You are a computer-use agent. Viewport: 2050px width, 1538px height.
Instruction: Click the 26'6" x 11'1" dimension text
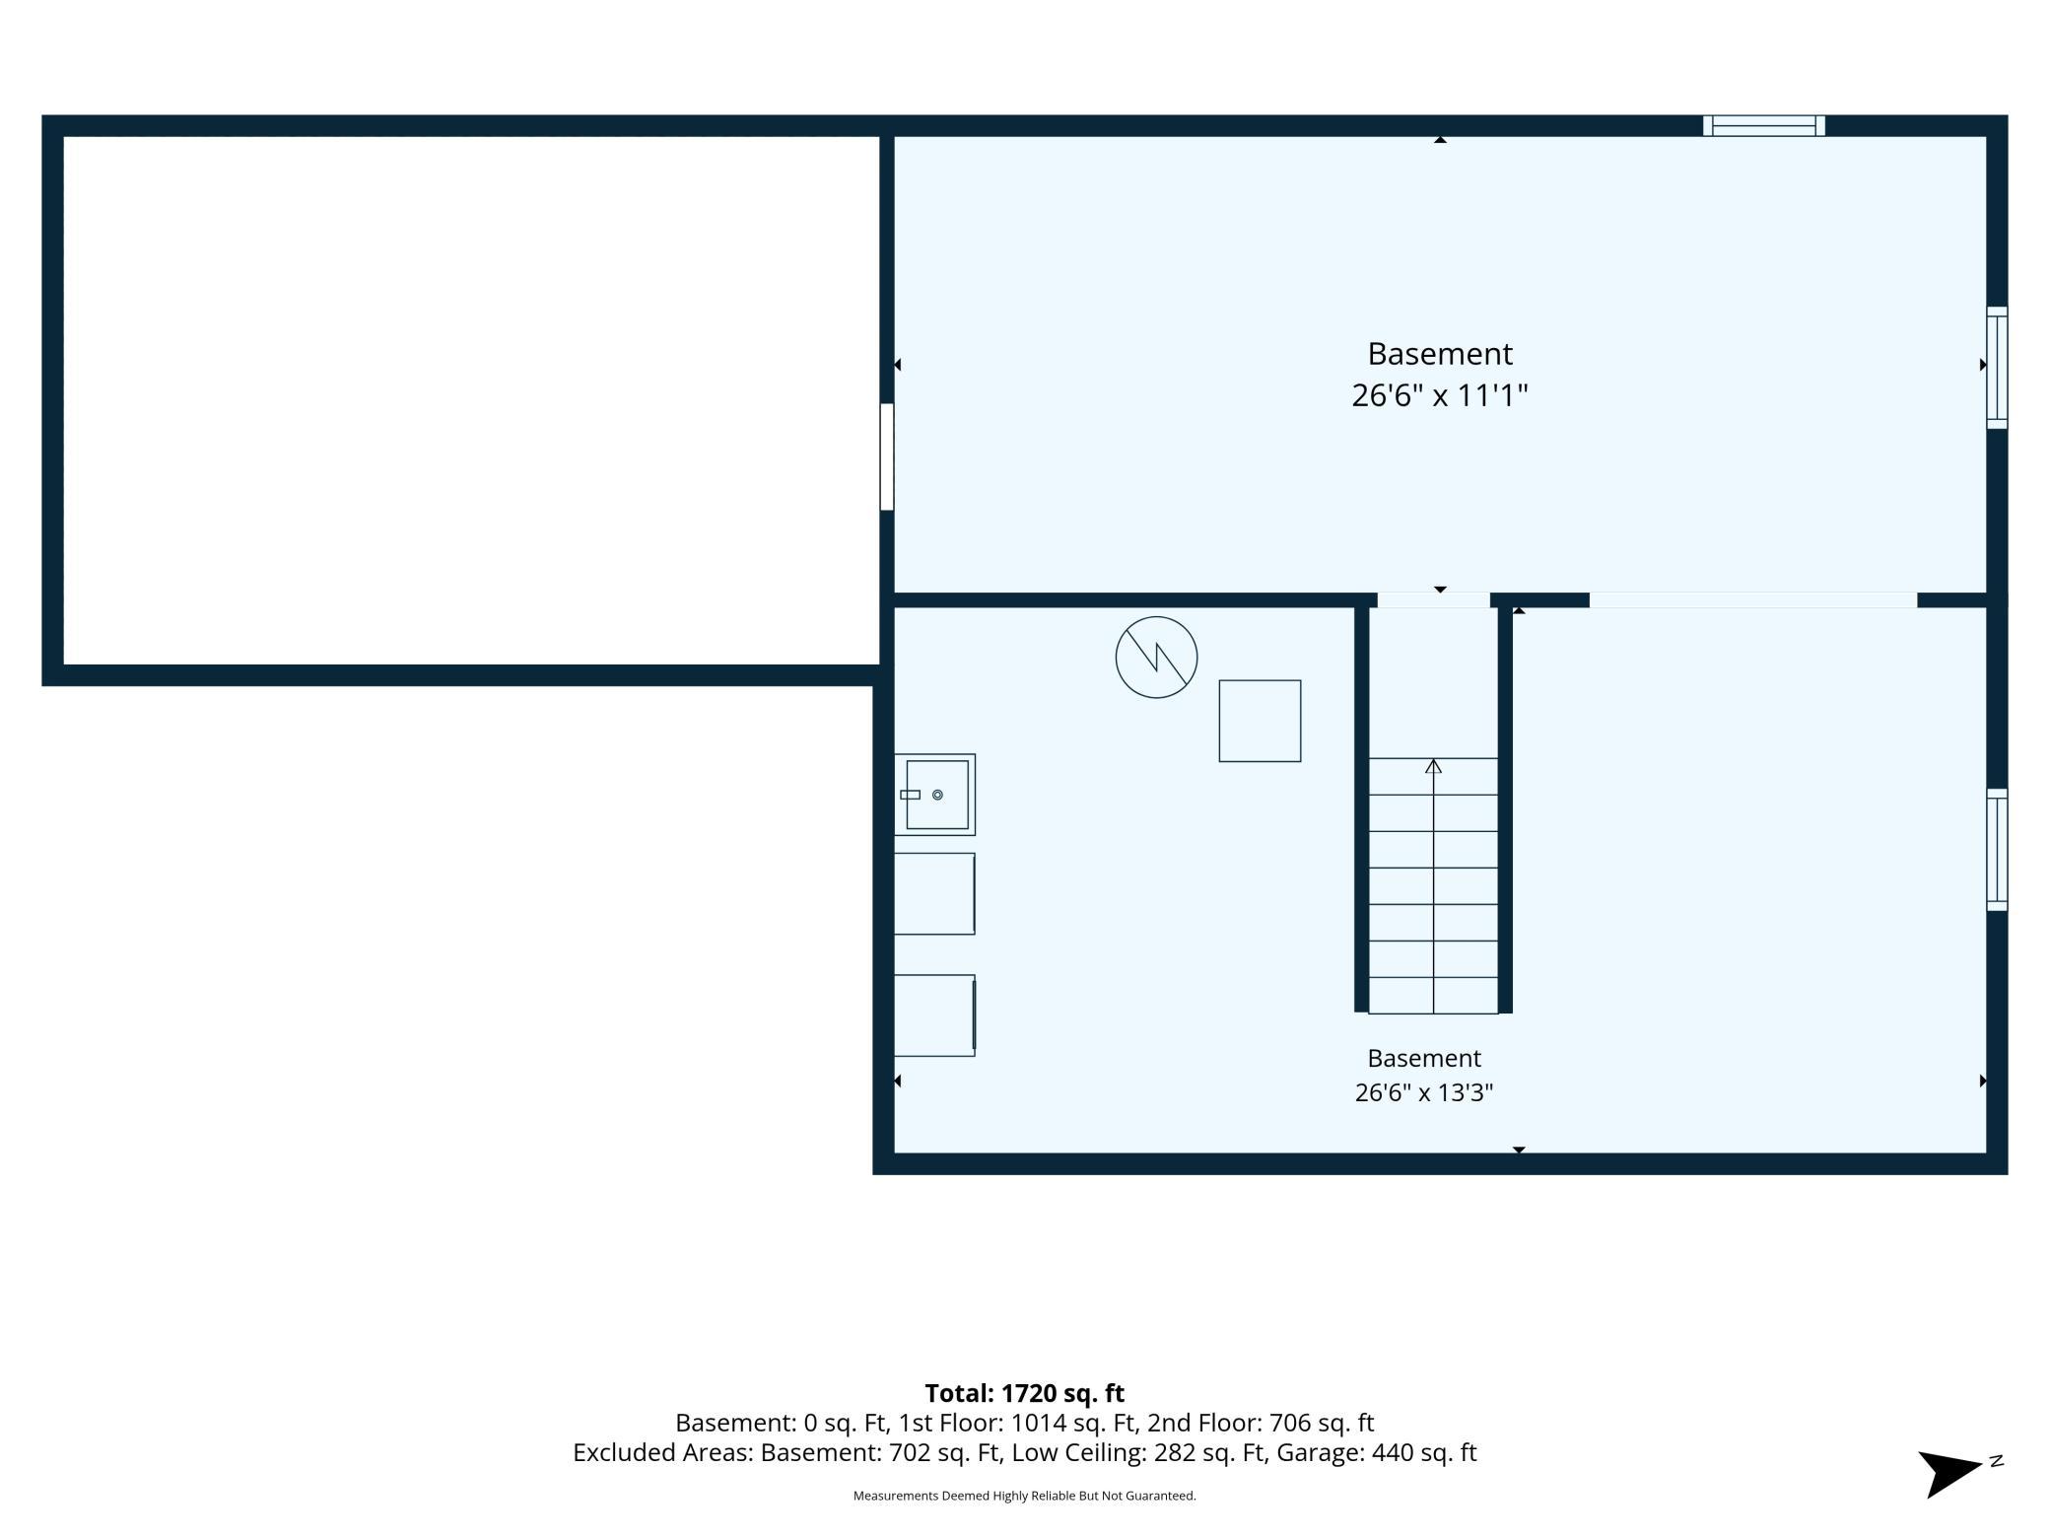[1439, 396]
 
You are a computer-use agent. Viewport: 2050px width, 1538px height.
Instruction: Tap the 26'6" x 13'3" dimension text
[1424, 1092]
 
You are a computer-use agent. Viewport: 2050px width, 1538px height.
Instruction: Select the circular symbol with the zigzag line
[1156, 658]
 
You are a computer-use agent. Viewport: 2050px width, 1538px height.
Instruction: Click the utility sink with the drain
[935, 795]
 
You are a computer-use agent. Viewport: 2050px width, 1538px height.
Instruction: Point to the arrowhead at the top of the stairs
[1433, 766]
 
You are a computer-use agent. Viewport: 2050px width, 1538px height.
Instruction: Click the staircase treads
[1433, 885]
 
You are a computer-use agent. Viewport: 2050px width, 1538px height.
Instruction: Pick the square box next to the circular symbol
[1260, 721]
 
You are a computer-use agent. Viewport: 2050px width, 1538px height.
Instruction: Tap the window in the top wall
[1764, 125]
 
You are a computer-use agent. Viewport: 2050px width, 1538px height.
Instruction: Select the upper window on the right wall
[1997, 368]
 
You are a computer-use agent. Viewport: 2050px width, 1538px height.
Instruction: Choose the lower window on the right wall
[1997, 850]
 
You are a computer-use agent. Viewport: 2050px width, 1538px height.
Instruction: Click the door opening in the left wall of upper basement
[887, 456]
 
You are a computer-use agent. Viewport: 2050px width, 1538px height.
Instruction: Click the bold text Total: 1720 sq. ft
[1024, 1393]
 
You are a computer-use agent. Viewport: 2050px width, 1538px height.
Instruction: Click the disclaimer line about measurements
[1024, 1496]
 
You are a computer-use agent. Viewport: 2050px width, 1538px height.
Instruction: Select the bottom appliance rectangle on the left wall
[934, 1015]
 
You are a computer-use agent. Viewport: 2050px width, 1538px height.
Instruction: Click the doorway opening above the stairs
[1433, 600]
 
